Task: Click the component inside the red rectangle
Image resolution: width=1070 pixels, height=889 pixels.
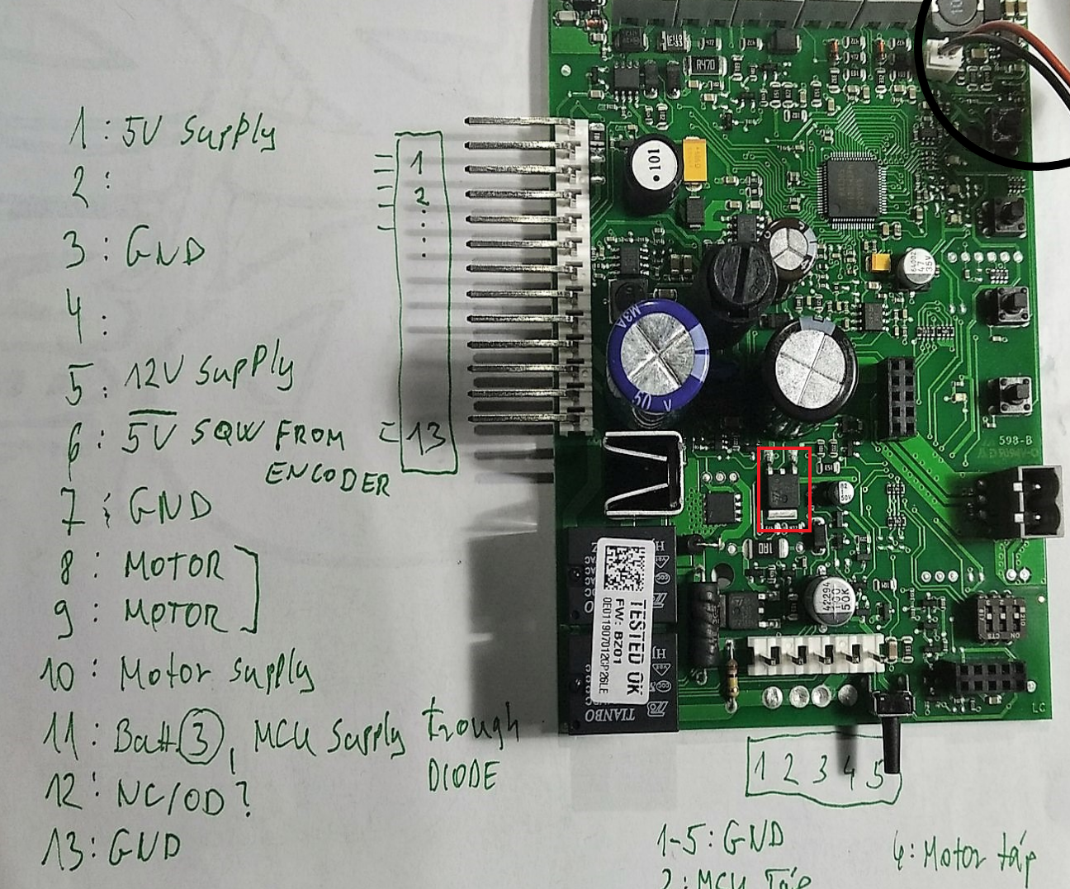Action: tap(784, 489)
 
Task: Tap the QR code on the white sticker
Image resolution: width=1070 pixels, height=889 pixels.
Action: tap(624, 565)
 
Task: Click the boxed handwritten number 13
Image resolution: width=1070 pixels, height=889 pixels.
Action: tap(428, 439)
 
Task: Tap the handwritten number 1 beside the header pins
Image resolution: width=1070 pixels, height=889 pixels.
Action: tap(417, 162)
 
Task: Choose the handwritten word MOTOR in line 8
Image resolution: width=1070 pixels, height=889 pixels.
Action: tap(173, 565)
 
